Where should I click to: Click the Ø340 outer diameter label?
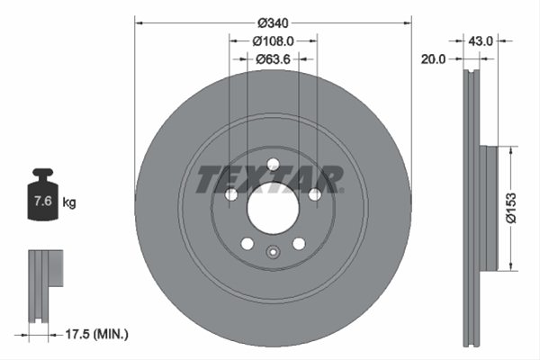[x=273, y=23]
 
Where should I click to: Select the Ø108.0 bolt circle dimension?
[x=273, y=41]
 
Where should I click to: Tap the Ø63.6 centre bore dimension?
[x=273, y=59]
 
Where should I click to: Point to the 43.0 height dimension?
[x=481, y=41]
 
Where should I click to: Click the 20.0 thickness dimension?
[x=433, y=59]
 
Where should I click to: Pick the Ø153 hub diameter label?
[x=511, y=208]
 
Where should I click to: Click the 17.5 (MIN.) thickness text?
[x=97, y=334]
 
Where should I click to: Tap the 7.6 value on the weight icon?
[x=42, y=201]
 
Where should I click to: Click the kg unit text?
[x=69, y=202]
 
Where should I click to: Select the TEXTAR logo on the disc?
[x=270, y=179]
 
